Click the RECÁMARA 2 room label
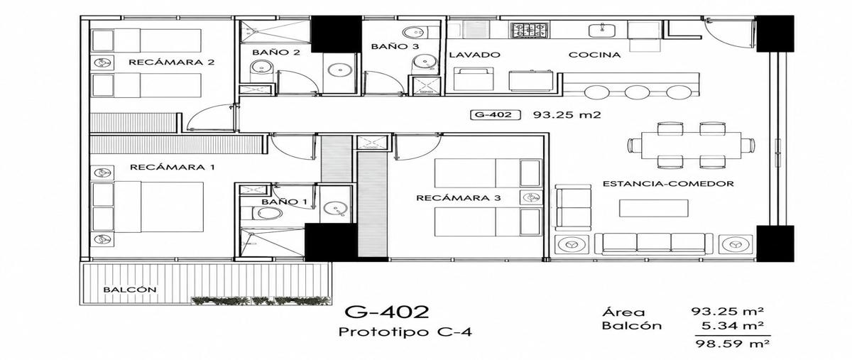172,62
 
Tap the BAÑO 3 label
395,46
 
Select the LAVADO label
474,55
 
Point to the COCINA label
594,55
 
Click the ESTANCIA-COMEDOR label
668,184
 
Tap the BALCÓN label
130,290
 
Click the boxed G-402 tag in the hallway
496,114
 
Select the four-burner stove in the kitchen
530,30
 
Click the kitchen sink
603,30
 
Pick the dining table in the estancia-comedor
691,146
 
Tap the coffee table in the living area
653,208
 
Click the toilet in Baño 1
263,213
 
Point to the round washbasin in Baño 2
339,70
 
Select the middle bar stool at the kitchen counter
637,92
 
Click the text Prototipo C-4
405,332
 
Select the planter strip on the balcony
261,300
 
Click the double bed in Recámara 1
159,207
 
